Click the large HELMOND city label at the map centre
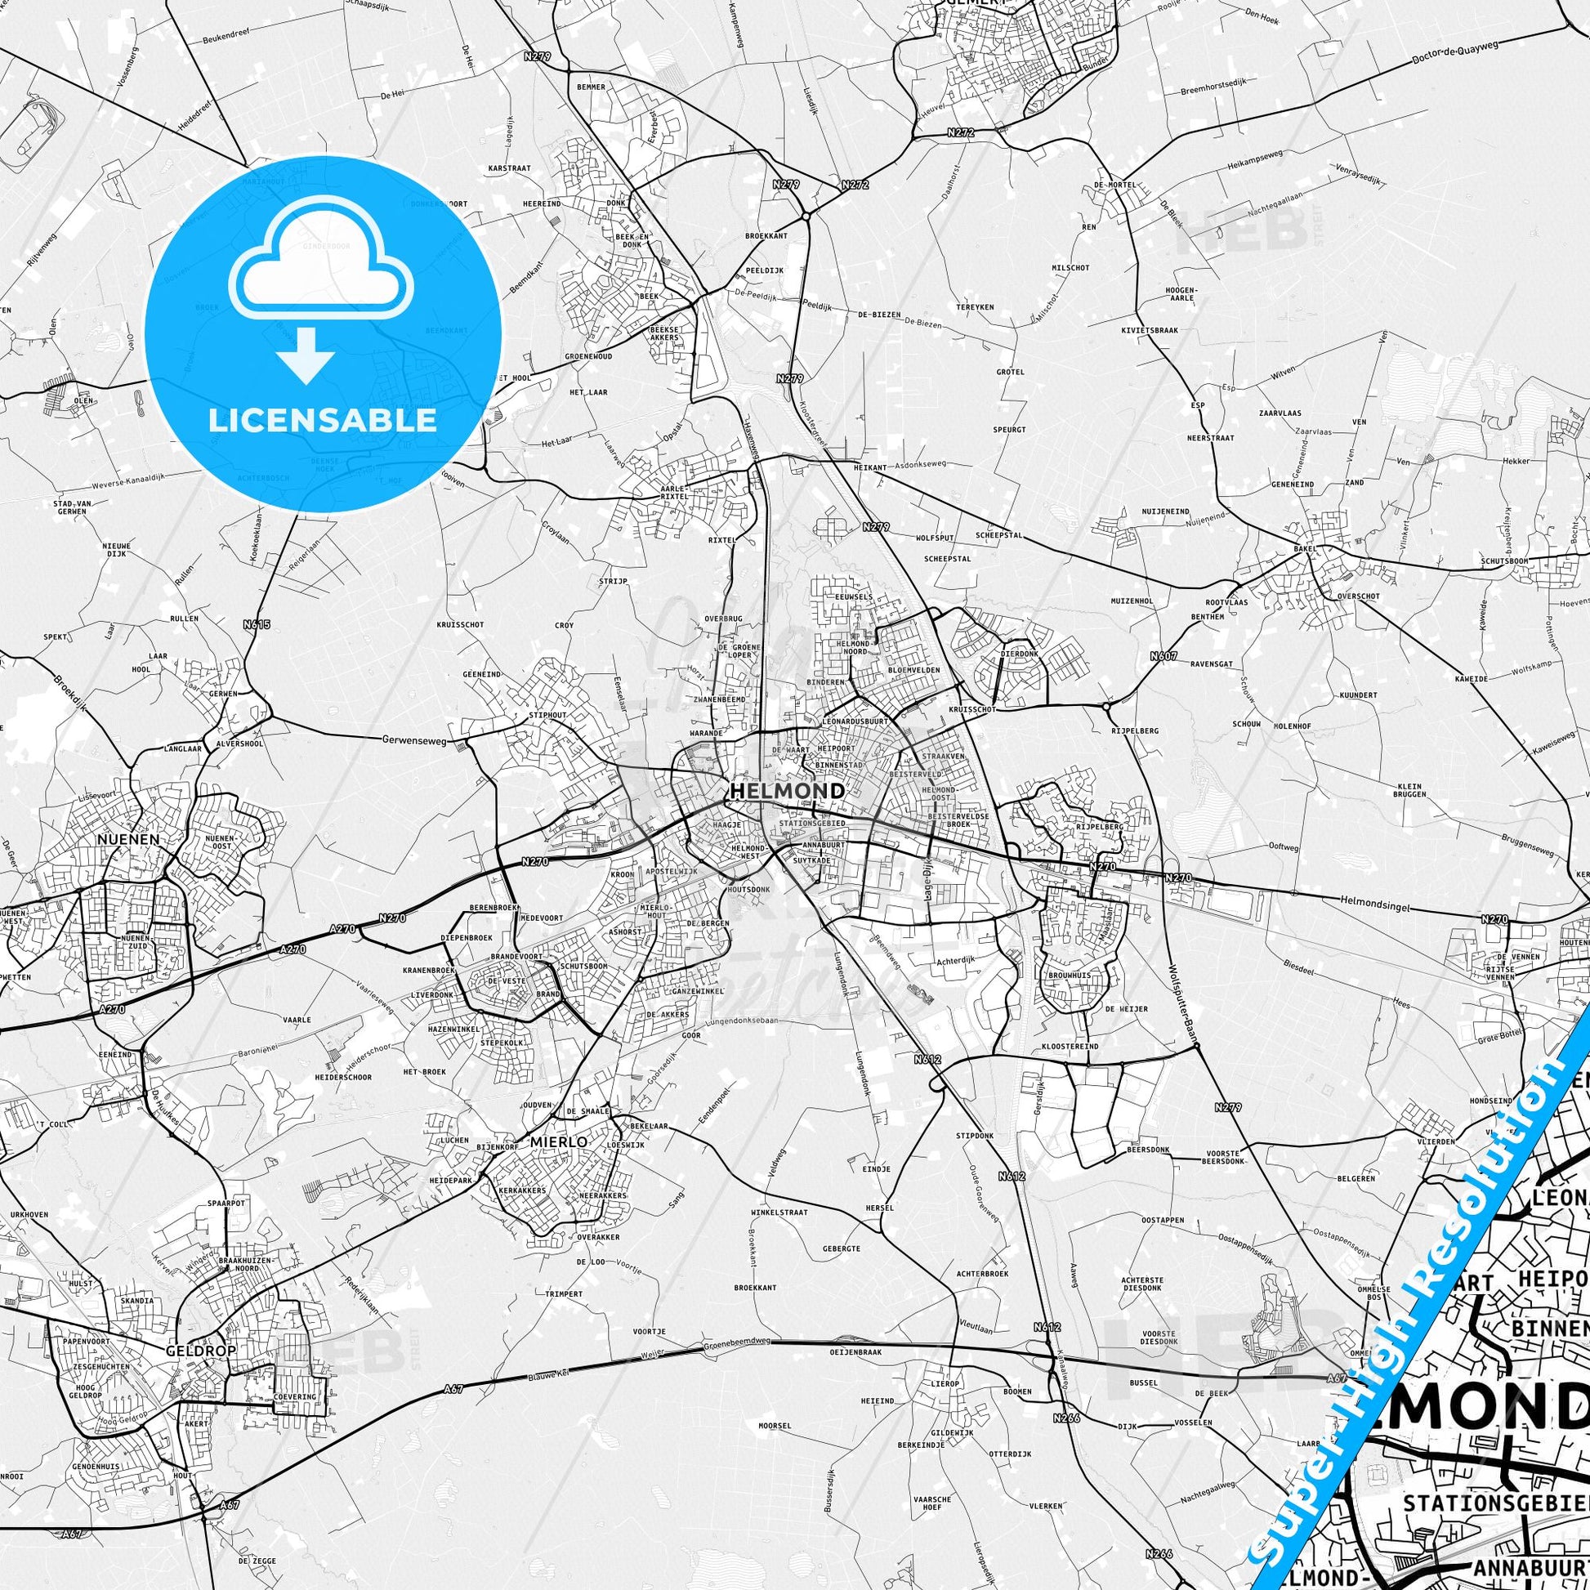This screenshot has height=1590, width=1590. click(786, 791)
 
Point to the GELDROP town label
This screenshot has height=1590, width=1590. click(189, 1351)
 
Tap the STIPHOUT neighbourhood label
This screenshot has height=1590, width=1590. click(548, 715)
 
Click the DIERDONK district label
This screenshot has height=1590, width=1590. click(1017, 654)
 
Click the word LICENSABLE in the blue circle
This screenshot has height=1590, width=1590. click(323, 421)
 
